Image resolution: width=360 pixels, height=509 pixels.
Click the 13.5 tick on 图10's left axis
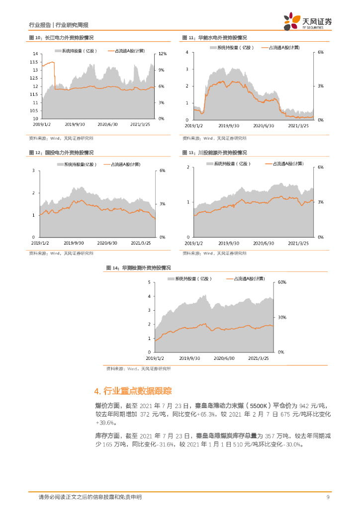pos(34,62)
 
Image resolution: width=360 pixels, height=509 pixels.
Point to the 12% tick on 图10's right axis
pos(162,54)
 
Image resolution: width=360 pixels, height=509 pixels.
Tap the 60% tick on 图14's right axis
pos(281,282)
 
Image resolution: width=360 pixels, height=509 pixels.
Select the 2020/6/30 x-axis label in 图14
pos(224,358)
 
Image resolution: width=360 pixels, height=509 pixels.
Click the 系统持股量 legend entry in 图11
pos(232,48)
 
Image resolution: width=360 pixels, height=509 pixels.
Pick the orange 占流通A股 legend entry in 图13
pos(283,163)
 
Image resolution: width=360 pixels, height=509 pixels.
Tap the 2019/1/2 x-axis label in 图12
pos(40,243)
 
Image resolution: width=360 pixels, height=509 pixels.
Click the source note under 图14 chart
pos(138,369)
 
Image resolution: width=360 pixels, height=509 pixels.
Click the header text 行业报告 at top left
pos(40,24)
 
